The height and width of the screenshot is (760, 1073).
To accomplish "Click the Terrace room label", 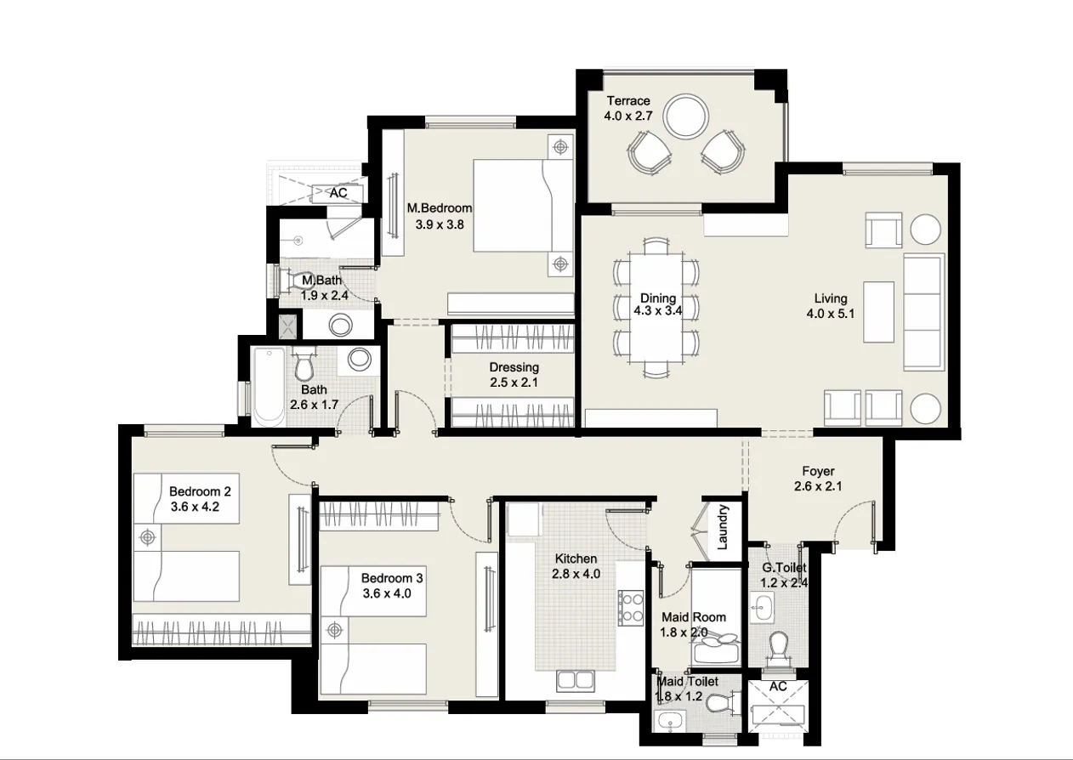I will coord(627,101).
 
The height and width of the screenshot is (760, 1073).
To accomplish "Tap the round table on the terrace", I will coord(685,116).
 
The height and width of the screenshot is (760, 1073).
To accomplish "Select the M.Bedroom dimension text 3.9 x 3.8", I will coord(439,225).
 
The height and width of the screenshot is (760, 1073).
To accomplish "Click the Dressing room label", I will coord(514,367).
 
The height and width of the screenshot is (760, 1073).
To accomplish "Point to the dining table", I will coord(656,308).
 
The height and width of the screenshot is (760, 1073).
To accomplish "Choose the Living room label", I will coord(830,298).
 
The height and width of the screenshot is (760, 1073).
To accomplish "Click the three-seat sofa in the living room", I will coord(923,312).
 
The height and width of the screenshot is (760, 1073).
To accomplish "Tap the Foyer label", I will coord(818,471).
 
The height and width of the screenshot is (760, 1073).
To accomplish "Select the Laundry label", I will coord(723,528).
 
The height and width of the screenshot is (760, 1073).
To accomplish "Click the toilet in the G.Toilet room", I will coord(778,649).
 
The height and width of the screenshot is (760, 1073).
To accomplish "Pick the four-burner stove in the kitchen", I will coord(631,607).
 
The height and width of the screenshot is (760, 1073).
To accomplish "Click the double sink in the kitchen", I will coord(576,680).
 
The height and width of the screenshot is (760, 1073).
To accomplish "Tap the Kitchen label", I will coord(576,559).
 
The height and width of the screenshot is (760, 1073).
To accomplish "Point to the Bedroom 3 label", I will coord(392,578).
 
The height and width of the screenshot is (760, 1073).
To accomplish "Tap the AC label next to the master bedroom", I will coord(338,193).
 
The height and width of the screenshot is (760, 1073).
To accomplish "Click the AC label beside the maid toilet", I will coord(777,686).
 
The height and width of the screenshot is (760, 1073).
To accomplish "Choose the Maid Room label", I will coord(693,617).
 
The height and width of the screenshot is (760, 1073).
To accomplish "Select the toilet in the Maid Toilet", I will coord(718,703).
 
